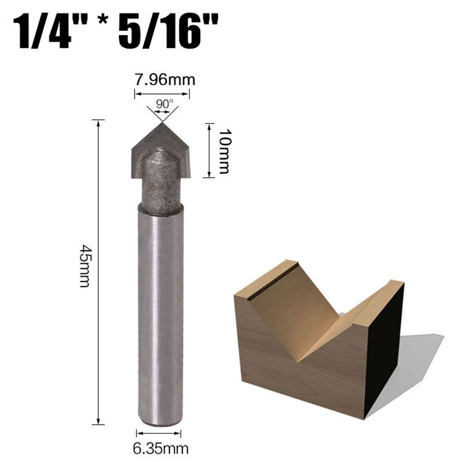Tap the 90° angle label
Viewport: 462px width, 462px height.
(x=162, y=104)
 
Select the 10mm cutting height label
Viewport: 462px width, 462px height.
(x=224, y=151)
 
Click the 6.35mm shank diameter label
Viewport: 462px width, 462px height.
(x=158, y=447)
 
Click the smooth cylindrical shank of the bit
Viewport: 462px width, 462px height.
(x=159, y=314)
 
